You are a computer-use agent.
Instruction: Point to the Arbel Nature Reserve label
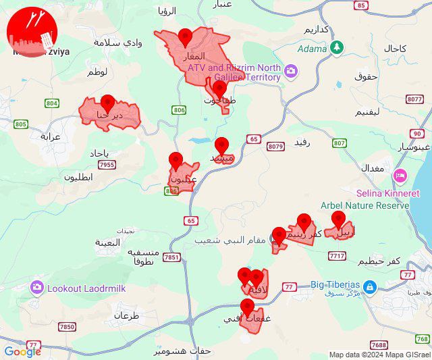tap(366, 205)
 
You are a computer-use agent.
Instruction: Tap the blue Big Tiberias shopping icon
tap(369, 287)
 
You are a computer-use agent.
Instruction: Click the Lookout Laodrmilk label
tap(86, 288)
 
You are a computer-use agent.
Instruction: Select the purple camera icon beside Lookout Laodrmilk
tap(37, 288)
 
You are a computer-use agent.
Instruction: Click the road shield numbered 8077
tap(414, 99)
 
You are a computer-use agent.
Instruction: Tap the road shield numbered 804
tap(52, 103)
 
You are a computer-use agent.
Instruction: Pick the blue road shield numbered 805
tap(20, 124)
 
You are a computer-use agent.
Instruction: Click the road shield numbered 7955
tap(107, 164)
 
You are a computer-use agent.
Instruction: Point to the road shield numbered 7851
tap(171, 257)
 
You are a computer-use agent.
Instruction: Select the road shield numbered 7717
tap(337, 255)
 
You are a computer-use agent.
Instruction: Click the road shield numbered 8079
tap(275, 147)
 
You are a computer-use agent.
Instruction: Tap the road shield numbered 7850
tap(67, 327)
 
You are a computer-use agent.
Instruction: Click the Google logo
tap(22, 351)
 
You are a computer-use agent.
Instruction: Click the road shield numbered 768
tap(423, 338)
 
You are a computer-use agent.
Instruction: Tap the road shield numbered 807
tap(339, 143)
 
